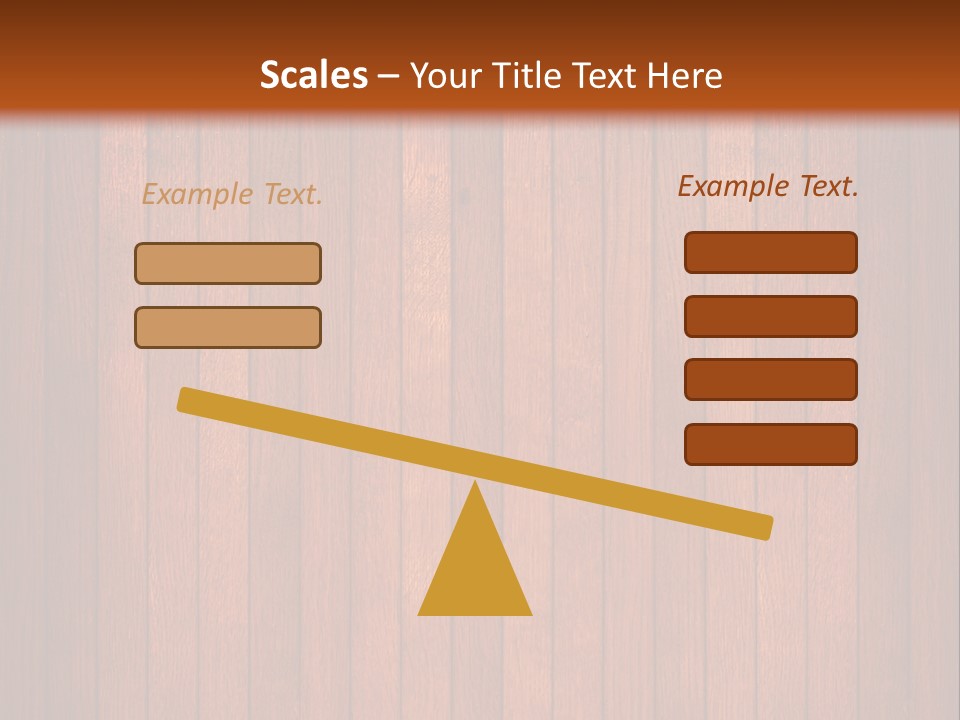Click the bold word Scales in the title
(313, 75)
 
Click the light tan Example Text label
(232, 194)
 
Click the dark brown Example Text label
(768, 186)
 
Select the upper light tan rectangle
(228, 263)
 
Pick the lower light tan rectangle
(228, 327)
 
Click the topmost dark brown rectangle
(770, 252)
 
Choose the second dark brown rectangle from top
(770, 316)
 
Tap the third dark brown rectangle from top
(770, 380)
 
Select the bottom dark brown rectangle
(770, 444)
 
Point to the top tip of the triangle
(475, 483)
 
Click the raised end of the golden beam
(185, 399)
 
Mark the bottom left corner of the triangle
(420, 613)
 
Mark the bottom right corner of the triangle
(530, 613)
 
